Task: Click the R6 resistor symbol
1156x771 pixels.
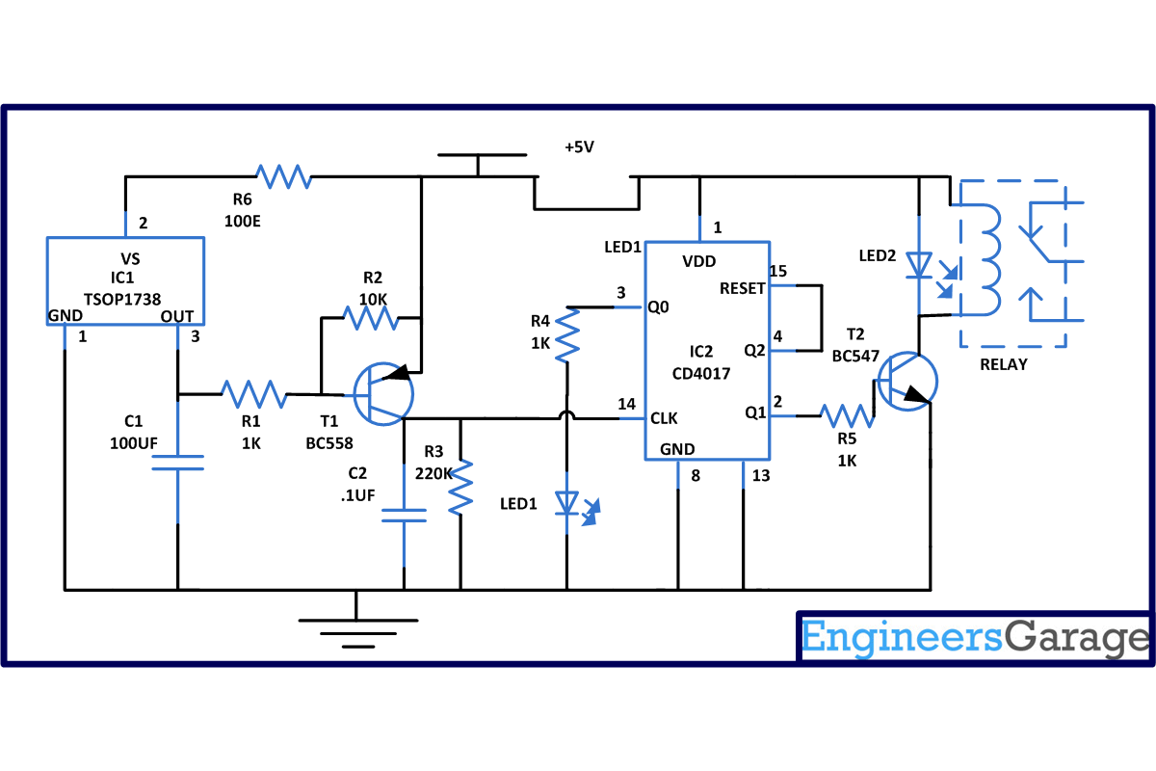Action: coord(284,176)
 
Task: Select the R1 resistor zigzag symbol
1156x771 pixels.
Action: coord(253,393)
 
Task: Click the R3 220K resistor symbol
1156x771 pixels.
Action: coord(461,486)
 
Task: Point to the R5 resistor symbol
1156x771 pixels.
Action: coord(847,415)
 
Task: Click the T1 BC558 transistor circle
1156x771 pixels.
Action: coord(383,394)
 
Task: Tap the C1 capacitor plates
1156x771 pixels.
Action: coord(177,462)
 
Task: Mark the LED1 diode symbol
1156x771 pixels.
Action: coord(568,502)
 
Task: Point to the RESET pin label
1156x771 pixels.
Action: coord(742,288)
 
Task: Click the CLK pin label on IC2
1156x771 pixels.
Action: coord(665,418)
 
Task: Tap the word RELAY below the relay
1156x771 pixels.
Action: coord(1003,364)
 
